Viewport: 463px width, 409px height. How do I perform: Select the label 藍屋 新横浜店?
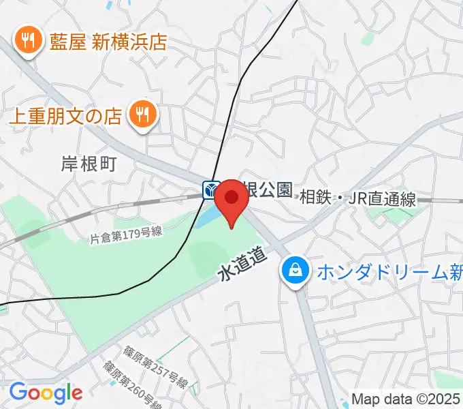point(108,43)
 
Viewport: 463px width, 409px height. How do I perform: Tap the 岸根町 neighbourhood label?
point(89,164)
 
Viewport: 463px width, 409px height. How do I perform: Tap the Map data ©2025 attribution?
point(405,399)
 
